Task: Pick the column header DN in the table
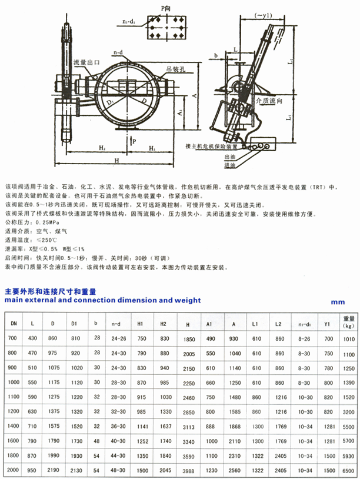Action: [x=12, y=323]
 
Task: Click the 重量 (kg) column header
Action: [x=349, y=321]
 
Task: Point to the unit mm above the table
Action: [x=337, y=303]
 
